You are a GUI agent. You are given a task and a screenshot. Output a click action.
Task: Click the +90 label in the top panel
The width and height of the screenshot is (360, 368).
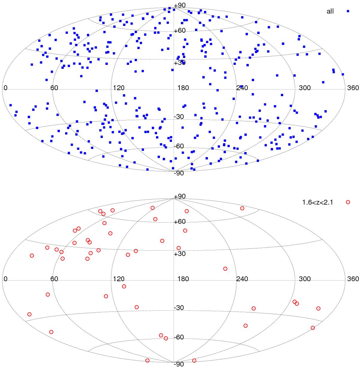coord(180,5)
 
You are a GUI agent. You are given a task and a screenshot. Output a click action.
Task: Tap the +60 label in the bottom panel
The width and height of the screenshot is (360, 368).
coord(180,221)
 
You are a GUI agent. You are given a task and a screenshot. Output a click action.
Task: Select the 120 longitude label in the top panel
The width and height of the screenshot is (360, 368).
coord(119,88)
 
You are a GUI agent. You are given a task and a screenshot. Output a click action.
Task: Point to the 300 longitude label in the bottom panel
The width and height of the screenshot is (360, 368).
coord(305,279)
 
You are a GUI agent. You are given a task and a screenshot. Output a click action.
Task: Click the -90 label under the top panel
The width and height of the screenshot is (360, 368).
coord(179,173)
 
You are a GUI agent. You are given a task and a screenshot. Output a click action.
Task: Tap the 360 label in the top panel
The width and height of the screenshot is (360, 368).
coord(353,88)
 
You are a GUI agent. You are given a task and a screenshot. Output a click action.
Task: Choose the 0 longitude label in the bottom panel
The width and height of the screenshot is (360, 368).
coord(5,279)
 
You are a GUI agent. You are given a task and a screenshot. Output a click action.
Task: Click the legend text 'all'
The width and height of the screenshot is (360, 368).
coord(330,11)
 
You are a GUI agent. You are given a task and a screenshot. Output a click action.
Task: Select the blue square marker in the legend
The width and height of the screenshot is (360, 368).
coord(348,11)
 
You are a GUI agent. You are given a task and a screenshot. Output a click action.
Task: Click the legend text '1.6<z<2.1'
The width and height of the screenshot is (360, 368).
coord(318,202)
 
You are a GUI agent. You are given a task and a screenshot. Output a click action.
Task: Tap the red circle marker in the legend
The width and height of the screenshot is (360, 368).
coord(348,202)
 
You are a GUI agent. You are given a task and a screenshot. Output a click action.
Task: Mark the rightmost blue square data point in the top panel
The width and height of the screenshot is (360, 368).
coord(343,74)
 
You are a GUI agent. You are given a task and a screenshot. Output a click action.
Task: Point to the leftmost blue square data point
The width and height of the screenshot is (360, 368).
coord(11,105)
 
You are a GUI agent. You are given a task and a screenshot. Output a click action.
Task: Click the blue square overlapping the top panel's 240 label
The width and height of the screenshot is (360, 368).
coord(241,87)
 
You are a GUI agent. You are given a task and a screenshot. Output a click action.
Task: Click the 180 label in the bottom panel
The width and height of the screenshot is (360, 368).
coord(183,279)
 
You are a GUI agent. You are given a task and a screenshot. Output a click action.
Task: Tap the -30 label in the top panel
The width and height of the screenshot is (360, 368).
coord(179,117)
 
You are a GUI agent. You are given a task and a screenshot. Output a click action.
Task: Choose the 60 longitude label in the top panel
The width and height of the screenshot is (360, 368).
coord(54,88)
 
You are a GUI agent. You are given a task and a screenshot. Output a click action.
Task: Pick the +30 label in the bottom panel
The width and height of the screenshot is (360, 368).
coord(180,254)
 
